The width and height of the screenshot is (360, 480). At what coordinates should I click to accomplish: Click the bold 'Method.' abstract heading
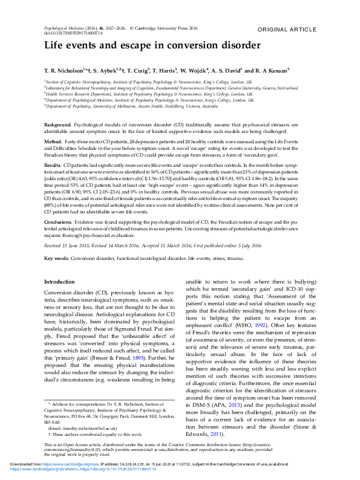(54, 140)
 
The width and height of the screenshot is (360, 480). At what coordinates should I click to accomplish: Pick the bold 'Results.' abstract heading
(53, 164)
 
